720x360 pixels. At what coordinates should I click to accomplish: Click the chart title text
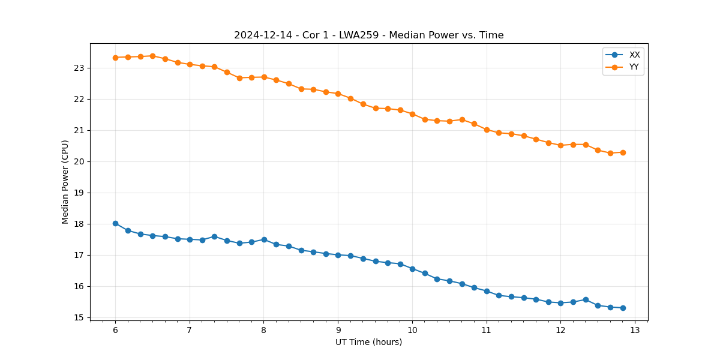click(368, 35)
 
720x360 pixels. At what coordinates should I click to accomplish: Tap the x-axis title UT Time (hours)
click(368, 342)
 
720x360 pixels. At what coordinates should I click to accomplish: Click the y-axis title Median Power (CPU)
click(65, 182)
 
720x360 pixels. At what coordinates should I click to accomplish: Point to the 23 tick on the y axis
click(79, 68)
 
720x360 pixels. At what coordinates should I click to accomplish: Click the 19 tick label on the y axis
click(79, 193)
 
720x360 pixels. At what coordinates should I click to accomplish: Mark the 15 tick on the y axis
click(79, 317)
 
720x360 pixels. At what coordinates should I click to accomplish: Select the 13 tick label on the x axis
click(635, 330)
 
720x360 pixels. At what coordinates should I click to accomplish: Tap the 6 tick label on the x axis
click(115, 330)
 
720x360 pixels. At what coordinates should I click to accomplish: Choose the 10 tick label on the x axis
click(412, 330)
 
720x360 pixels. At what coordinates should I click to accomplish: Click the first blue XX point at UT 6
click(115, 223)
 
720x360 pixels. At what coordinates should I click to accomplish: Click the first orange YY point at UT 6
click(115, 58)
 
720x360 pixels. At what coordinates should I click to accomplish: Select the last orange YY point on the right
click(623, 152)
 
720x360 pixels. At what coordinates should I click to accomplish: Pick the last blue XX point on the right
click(623, 308)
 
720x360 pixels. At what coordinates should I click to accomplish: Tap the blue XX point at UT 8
click(264, 239)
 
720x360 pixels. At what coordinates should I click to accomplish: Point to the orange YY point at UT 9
click(338, 94)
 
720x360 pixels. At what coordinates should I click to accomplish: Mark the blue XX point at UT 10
click(412, 269)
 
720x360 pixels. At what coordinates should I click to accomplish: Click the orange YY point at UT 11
click(487, 130)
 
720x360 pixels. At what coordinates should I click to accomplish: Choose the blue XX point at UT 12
click(560, 303)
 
